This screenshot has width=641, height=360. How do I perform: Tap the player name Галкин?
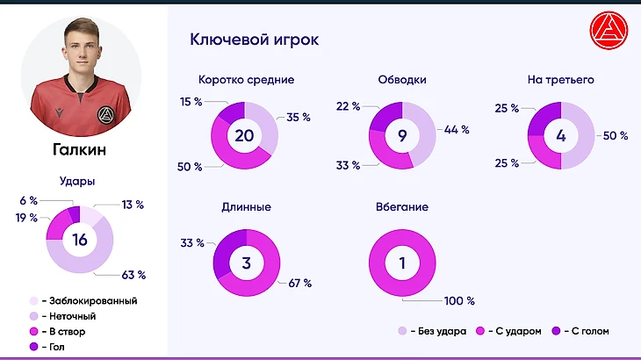pos(79,150)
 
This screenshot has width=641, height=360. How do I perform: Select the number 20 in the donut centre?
pos(245,135)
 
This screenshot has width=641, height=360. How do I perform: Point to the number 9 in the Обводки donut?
pos(401,135)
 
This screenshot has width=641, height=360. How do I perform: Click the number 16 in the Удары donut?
pos(80,240)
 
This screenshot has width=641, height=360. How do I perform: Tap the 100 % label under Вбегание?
pos(458,301)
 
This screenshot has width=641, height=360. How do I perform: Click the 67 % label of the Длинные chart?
pos(299,284)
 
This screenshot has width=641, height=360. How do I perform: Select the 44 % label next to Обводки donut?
pos(457,129)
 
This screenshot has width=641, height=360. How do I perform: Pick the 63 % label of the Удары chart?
pos(133,275)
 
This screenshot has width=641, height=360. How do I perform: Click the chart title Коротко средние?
pos(246,80)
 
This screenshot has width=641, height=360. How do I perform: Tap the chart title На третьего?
pos(561,80)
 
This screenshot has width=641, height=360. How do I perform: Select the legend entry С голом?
pos(584,331)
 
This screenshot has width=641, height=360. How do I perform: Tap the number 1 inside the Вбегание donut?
pos(402,263)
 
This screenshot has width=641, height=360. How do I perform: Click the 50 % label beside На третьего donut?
pos(616,136)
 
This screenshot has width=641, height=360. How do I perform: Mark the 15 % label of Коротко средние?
pos(191,102)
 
